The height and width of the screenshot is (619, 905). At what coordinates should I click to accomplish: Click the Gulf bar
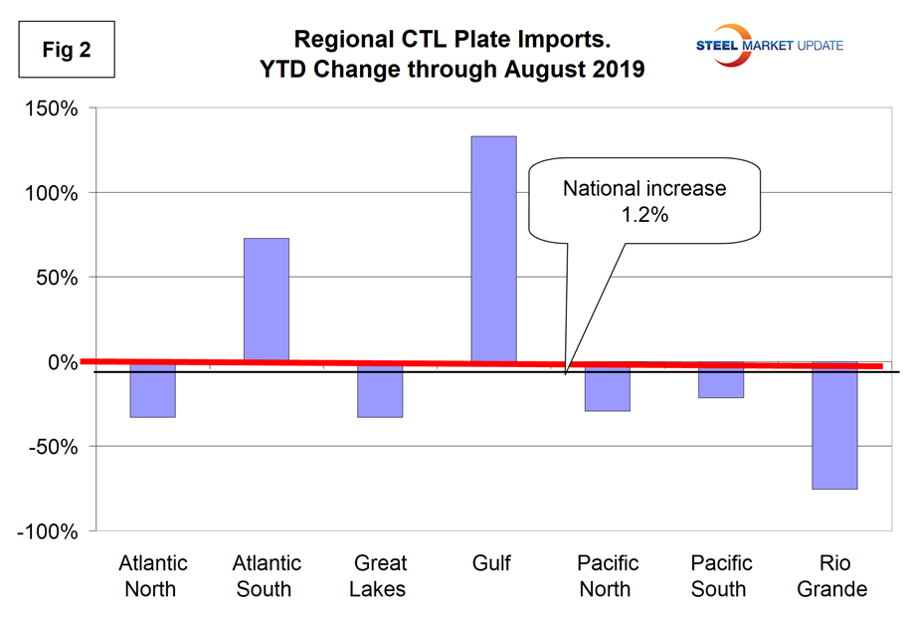click(x=493, y=249)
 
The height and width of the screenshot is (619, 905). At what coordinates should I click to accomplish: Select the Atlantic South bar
click(x=266, y=300)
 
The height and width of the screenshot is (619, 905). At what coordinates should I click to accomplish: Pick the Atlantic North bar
click(x=152, y=391)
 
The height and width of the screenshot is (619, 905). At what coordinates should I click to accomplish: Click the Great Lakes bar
click(x=380, y=391)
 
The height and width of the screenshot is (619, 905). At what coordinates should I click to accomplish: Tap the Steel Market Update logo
click(x=765, y=41)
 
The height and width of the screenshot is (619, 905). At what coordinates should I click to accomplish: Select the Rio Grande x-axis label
click(x=834, y=576)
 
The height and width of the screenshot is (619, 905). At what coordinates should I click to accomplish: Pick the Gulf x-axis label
click(x=492, y=564)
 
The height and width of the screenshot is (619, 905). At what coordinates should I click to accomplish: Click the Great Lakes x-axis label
click(x=379, y=576)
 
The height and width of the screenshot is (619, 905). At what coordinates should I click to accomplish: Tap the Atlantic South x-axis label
click(x=265, y=576)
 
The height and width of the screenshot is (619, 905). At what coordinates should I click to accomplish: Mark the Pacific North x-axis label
click(x=606, y=576)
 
